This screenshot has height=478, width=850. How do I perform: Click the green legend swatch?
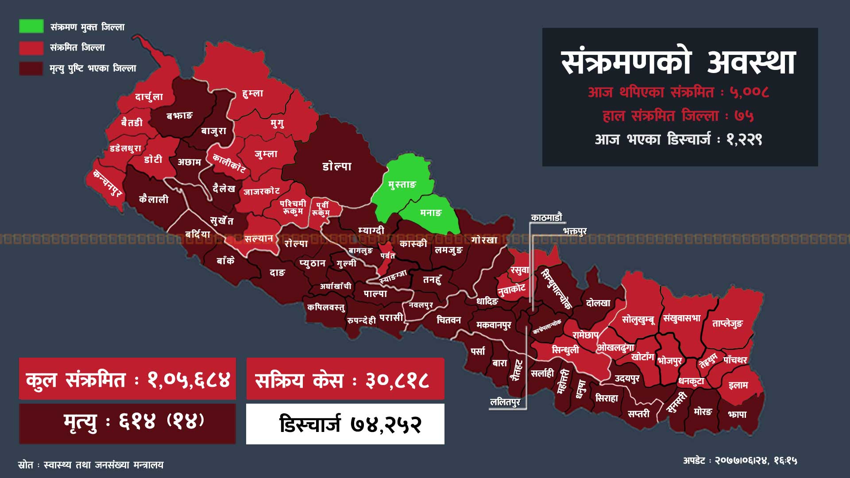[x=31, y=26]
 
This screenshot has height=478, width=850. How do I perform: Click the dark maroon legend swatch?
[x=31, y=68]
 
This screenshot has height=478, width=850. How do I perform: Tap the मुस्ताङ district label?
[x=402, y=184]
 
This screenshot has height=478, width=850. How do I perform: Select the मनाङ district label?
[x=431, y=213]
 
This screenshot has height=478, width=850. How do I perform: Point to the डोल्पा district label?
[x=337, y=166]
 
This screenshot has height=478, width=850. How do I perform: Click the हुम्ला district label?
[x=253, y=93]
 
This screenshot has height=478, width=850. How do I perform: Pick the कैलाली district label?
[x=154, y=199]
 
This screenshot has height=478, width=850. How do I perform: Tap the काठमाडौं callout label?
[x=547, y=217]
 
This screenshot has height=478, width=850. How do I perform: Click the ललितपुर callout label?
[x=505, y=402]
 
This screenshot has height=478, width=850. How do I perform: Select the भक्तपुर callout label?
[x=575, y=231]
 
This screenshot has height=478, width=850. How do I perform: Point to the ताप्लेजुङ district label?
[x=727, y=324]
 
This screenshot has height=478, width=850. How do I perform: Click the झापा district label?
[x=737, y=415]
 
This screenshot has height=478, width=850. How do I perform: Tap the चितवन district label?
[x=448, y=320]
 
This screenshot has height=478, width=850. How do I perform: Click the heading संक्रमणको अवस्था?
[x=679, y=62]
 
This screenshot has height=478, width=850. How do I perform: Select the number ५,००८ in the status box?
[x=749, y=92]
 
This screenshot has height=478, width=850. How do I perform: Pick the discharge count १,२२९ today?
[x=744, y=139]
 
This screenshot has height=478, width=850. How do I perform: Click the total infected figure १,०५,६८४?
[x=189, y=380]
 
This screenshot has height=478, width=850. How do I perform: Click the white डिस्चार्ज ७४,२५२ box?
[x=345, y=424]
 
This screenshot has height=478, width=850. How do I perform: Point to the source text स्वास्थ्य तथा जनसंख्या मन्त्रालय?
[x=104, y=465]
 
